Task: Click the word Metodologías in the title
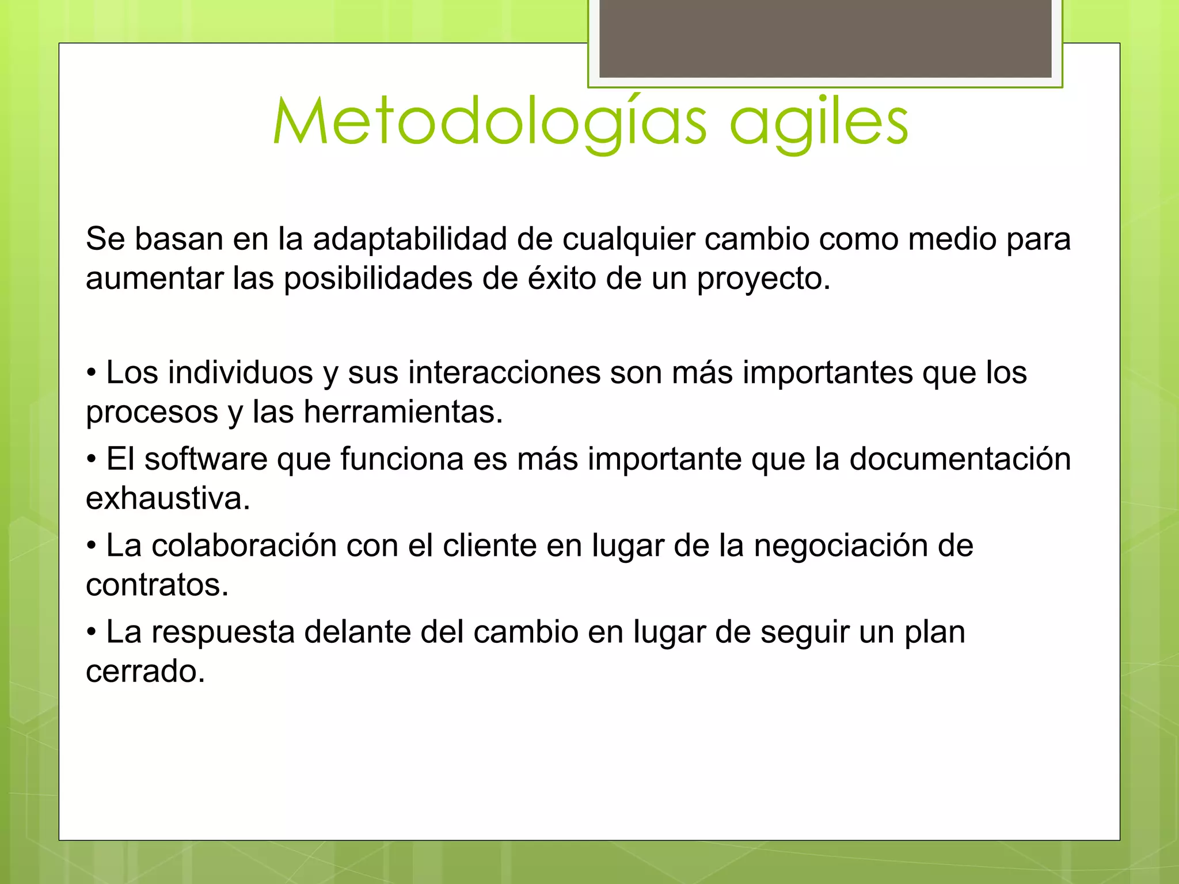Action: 489,122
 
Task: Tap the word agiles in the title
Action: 819,122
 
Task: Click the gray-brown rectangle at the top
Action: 825,38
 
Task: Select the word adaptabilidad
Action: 410,239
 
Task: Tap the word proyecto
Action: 763,280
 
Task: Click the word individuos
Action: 241,372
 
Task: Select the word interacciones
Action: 504,372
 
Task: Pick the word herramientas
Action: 403,412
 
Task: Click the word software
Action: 206,459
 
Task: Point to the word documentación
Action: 960,459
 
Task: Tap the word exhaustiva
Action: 168,498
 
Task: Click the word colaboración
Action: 244,546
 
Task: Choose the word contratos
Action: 157,585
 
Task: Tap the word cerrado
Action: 145,672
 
